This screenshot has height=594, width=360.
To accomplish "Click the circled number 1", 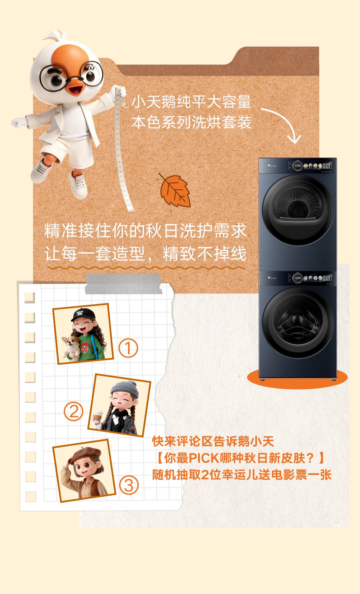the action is tap(128, 348).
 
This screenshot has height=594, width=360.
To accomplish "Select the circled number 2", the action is tap(74, 411).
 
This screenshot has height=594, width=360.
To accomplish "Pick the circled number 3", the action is tap(129, 485).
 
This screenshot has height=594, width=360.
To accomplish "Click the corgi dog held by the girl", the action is tap(72, 347).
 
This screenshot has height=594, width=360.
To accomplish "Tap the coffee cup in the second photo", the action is tap(98, 417).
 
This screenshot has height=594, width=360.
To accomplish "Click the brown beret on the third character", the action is tap(85, 455).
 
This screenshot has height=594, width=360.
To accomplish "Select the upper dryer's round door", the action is tap(298, 210).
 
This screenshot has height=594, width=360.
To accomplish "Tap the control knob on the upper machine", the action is tap(297, 166).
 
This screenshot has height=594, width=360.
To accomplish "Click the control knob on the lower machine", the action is tap(297, 278).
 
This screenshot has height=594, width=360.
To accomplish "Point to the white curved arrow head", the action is tap(294, 139).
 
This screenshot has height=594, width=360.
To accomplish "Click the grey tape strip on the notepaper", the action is tap(123, 283).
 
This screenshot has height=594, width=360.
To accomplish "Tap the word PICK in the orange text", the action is tap(204, 458).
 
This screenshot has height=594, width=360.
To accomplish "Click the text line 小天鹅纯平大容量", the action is tap(192, 102).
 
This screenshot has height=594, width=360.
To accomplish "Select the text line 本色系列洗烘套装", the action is tap(192, 122).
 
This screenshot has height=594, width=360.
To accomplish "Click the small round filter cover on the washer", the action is tap(320, 367).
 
